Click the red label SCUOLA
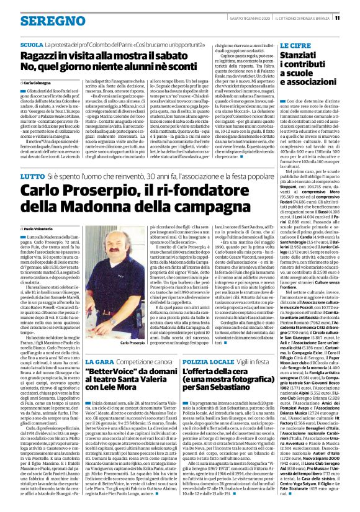[x=31, y=45]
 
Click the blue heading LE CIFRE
[x=296, y=45]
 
